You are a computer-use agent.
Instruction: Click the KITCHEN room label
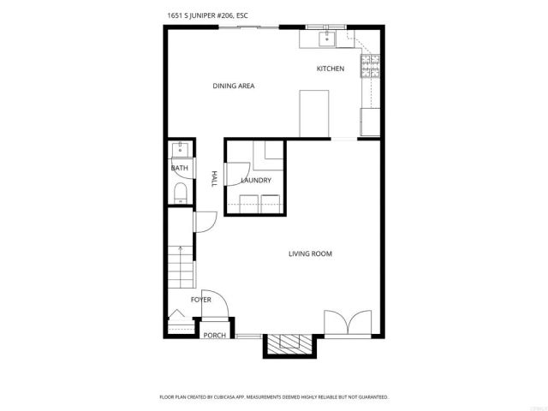[331, 68]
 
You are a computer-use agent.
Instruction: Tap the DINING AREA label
[234, 86]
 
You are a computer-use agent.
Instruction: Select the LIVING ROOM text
[310, 253]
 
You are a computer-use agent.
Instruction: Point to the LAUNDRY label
[256, 181]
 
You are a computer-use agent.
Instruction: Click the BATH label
[179, 169]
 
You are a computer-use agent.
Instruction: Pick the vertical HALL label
[214, 179]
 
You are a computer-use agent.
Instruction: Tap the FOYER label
[200, 300]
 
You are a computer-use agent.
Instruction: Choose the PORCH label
[214, 335]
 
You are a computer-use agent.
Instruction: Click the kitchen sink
[326, 38]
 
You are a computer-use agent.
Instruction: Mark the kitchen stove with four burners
[372, 66]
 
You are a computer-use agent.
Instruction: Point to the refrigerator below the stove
[371, 122]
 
